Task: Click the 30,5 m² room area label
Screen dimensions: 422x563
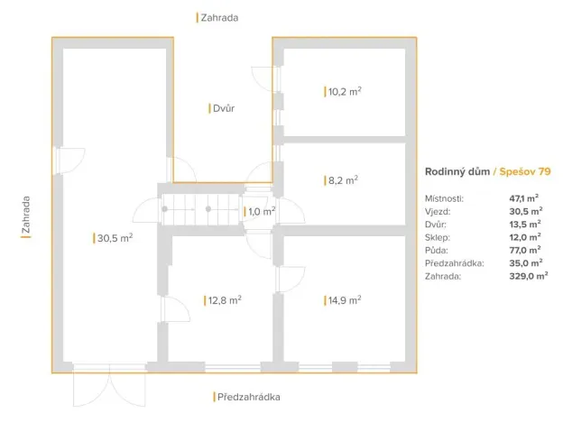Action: pyautogui.click(x=115, y=238)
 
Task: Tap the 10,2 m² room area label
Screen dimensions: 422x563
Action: pyautogui.click(x=345, y=91)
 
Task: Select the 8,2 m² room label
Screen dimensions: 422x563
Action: pyautogui.click(x=343, y=180)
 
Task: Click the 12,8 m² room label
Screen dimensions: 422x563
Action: pyautogui.click(x=224, y=300)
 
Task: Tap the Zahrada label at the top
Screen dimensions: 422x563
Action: pyautogui.click(x=220, y=17)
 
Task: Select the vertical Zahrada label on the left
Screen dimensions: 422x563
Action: pyautogui.click(x=26, y=216)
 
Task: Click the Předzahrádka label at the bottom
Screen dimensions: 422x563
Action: pyautogui.click(x=246, y=397)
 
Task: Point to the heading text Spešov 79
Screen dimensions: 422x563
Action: pyautogui.click(x=526, y=171)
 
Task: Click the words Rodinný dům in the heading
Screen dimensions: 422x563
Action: pyautogui.click(x=457, y=171)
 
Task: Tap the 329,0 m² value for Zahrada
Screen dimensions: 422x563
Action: pyautogui.click(x=528, y=277)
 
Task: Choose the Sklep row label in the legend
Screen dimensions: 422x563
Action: pyautogui.click(x=438, y=236)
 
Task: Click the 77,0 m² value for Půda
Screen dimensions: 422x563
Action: pyautogui.click(x=524, y=250)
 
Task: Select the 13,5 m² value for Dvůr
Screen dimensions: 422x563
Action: pyautogui.click(x=524, y=224)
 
